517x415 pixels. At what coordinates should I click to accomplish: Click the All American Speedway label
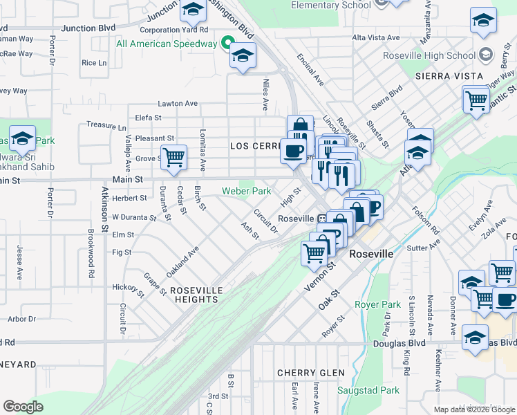click(167, 44)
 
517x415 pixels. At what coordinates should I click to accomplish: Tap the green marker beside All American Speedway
click(226, 44)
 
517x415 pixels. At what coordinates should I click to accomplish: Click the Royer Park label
click(377, 304)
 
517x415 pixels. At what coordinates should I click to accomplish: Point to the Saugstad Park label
click(368, 390)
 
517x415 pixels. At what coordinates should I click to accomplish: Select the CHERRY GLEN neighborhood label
click(311, 373)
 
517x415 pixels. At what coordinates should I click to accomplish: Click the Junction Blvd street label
click(88, 28)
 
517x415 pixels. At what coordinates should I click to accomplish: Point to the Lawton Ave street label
click(178, 103)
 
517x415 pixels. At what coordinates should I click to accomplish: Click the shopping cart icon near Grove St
click(173, 157)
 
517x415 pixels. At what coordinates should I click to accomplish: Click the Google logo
click(23, 407)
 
